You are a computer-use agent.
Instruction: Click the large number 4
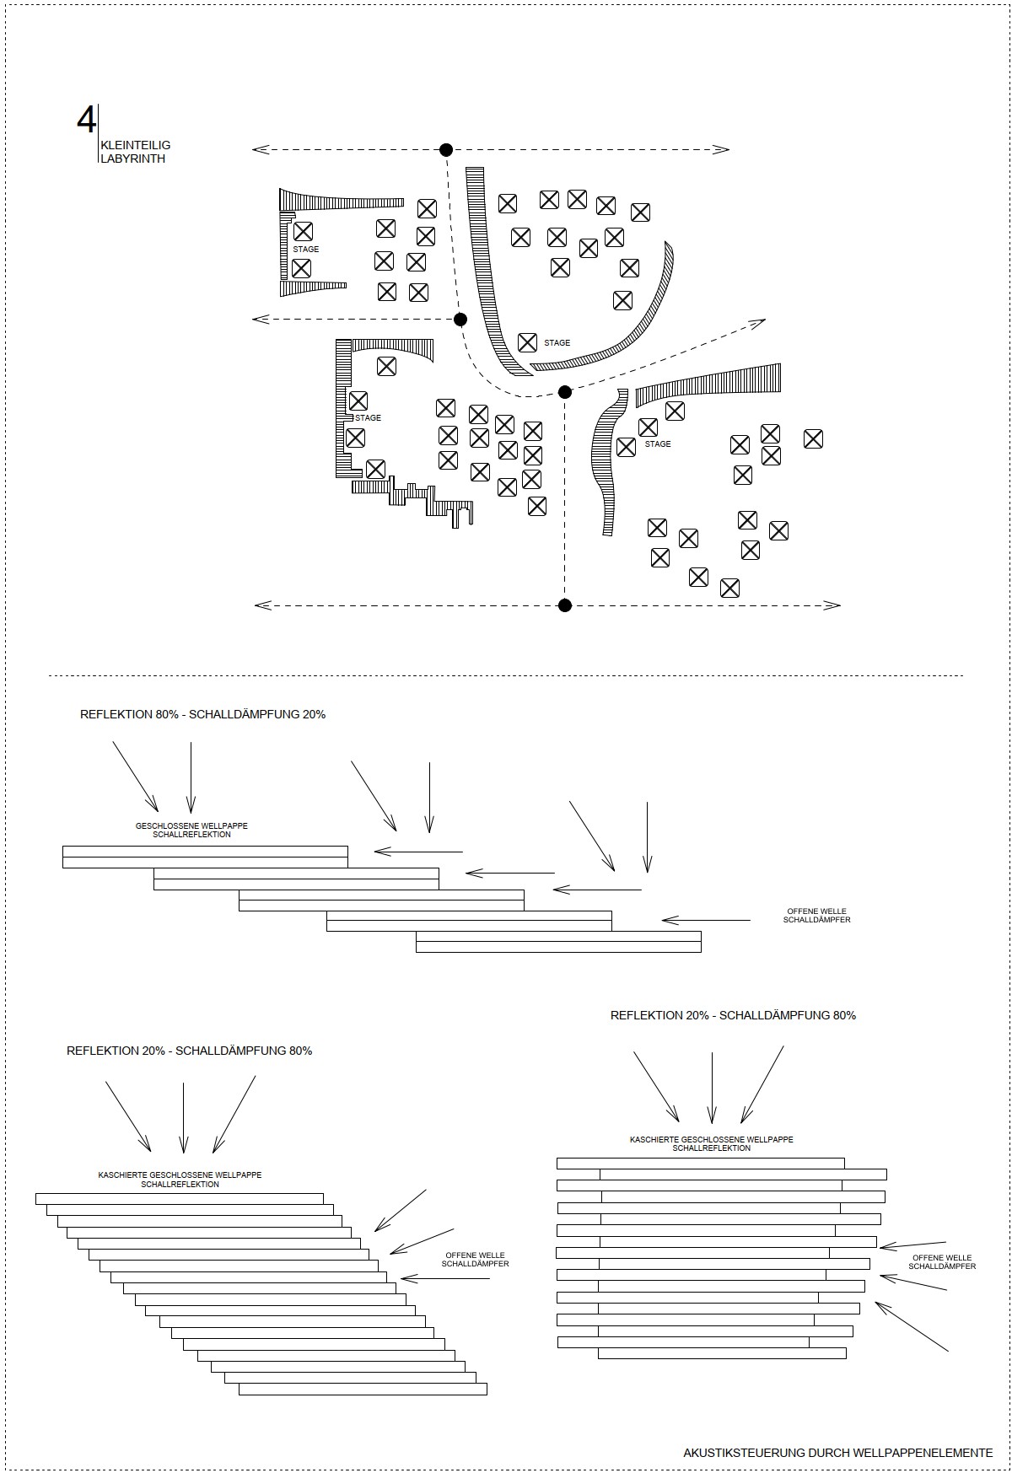point(86,121)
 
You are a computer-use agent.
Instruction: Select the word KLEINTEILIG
point(135,146)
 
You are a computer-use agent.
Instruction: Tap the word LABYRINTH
point(132,159)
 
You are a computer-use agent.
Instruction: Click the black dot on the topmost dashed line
point(446,150)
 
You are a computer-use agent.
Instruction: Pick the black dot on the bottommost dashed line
point(565,605)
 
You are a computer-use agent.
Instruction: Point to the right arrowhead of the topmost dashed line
point(721,150)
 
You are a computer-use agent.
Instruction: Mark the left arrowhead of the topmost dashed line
point(261,150)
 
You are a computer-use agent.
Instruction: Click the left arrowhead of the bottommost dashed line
point(263,605)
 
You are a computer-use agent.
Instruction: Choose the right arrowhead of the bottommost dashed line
point(832,605)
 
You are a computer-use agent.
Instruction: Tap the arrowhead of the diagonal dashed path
point(758,323)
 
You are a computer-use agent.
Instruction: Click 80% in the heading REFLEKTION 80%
point(166,714)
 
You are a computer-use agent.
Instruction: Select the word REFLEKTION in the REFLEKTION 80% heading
point(116,714)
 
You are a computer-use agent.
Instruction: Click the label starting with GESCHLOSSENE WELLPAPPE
point(191,830)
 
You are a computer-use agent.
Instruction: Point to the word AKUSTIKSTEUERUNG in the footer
point(745,1453)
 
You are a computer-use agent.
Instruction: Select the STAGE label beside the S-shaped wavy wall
point(658,444)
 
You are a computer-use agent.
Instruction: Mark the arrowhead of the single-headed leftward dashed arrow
point(261,319)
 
